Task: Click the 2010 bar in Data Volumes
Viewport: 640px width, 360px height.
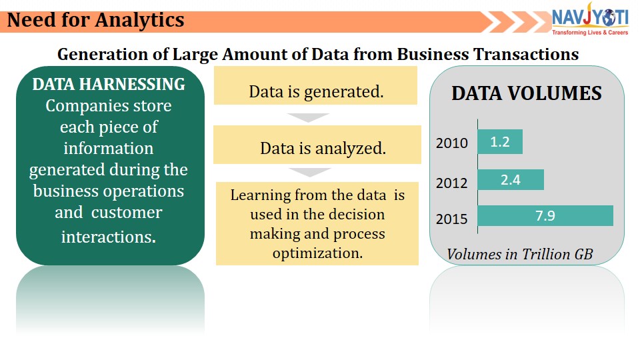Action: click(500, 141)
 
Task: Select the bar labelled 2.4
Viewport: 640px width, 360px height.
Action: click(511, 179)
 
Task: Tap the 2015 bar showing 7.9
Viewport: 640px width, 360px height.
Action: click(545, 215)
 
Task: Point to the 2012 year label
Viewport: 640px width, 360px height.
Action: click(452, 183)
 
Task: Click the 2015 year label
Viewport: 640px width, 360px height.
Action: click(452, 219)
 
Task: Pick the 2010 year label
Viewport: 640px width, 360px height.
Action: click(452, 143)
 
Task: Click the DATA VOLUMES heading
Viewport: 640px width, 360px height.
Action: click(527, 93)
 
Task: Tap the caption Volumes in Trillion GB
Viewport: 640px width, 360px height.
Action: click(519, 254)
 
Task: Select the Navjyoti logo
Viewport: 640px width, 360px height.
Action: click(590, 19)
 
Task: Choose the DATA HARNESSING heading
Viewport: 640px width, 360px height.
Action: click(109, 85)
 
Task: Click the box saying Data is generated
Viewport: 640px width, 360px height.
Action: click(315, 85)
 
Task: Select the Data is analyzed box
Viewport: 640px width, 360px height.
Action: click(317, 145)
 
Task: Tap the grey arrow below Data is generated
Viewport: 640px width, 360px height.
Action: click(308, 117)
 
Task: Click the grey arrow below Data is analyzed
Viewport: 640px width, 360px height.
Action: click(310, 172)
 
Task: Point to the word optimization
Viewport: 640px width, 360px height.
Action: click(317, 253)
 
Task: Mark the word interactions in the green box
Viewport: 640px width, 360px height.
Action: click(109, 237)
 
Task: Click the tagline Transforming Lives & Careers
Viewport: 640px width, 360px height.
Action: click(590, 33)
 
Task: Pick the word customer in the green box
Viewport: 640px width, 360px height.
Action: click(127, 213)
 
